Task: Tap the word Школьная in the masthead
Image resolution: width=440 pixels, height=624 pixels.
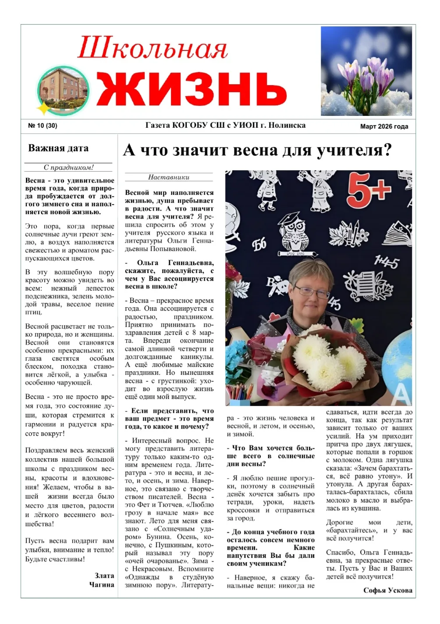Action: pos(153,48)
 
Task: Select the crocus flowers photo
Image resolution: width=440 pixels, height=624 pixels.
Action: pos(366,71)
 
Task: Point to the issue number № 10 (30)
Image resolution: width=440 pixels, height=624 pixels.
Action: pos(43,126)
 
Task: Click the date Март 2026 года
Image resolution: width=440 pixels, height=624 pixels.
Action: pos(384,126)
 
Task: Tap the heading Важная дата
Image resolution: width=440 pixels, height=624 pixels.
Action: pos(58,148)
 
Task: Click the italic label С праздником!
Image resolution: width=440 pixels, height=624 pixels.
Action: pos(68,167)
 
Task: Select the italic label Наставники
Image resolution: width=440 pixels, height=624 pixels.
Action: pos(169,177)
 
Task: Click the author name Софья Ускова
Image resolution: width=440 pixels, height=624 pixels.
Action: pos(387,590)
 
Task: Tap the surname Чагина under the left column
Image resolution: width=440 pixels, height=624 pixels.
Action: pos(102,585)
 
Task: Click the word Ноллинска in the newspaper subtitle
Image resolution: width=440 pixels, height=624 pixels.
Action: pos(287,126)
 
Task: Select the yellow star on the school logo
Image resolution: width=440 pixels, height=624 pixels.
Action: pos(44,108)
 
